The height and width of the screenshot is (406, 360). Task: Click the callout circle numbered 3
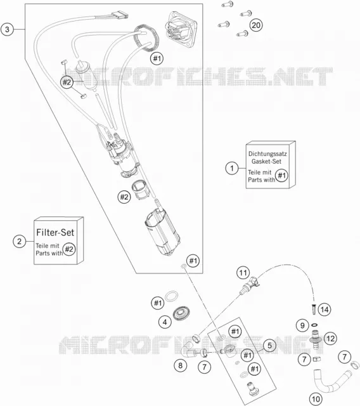(x=7, y=29)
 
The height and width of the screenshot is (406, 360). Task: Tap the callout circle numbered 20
(x=256, y=25)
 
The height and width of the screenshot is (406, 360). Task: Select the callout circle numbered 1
(x=232, y=168)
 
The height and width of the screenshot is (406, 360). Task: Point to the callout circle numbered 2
(x=20, y=241)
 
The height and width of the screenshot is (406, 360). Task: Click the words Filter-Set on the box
(x=55, y=232)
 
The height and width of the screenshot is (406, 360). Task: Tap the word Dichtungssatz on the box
(x=267, y=154)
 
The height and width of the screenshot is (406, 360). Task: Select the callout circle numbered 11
(x=243, y=273)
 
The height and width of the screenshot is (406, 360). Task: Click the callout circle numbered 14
(x=325, y=310)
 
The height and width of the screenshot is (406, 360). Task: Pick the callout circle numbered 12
(x=330, y=338)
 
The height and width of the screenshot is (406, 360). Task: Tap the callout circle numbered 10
(x=316, y=399)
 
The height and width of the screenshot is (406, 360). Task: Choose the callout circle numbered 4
(x=165, y=322)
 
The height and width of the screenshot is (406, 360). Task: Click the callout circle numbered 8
(x=180, y=365)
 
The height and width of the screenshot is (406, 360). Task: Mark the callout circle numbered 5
(x=270, y=345)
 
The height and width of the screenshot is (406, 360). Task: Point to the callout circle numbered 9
(x=302, y=325)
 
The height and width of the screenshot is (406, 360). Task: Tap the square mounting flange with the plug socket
(x=181, y=30)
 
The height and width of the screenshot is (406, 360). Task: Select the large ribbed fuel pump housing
(x=162, y=233)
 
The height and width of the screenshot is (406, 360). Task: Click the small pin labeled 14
(x=314, y=310)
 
